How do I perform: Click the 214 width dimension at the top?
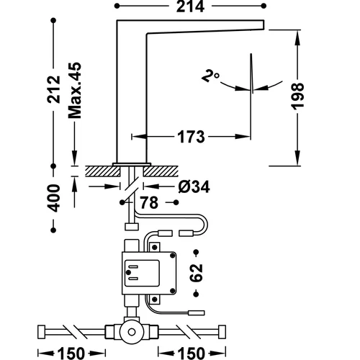point(190,6)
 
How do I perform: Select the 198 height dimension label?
point(297,96)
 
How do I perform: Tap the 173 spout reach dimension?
point(191,137)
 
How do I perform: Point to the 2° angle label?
point(210,76)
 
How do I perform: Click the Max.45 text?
point(75,91)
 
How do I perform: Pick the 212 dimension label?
point(53,89)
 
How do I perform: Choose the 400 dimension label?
point(53,198)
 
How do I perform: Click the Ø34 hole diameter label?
point(194,186)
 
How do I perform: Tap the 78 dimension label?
point(149,203)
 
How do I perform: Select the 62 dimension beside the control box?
point(196,273)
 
